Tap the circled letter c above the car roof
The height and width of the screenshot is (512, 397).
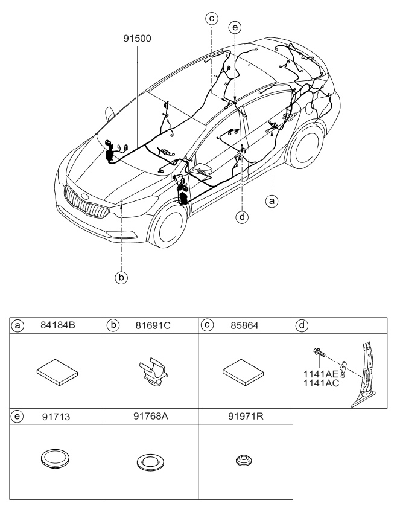(212, 19)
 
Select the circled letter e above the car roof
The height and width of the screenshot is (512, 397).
(235, 27)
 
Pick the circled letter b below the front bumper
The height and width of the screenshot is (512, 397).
(121, 278)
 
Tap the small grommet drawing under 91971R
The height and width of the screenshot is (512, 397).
(244, 461)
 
